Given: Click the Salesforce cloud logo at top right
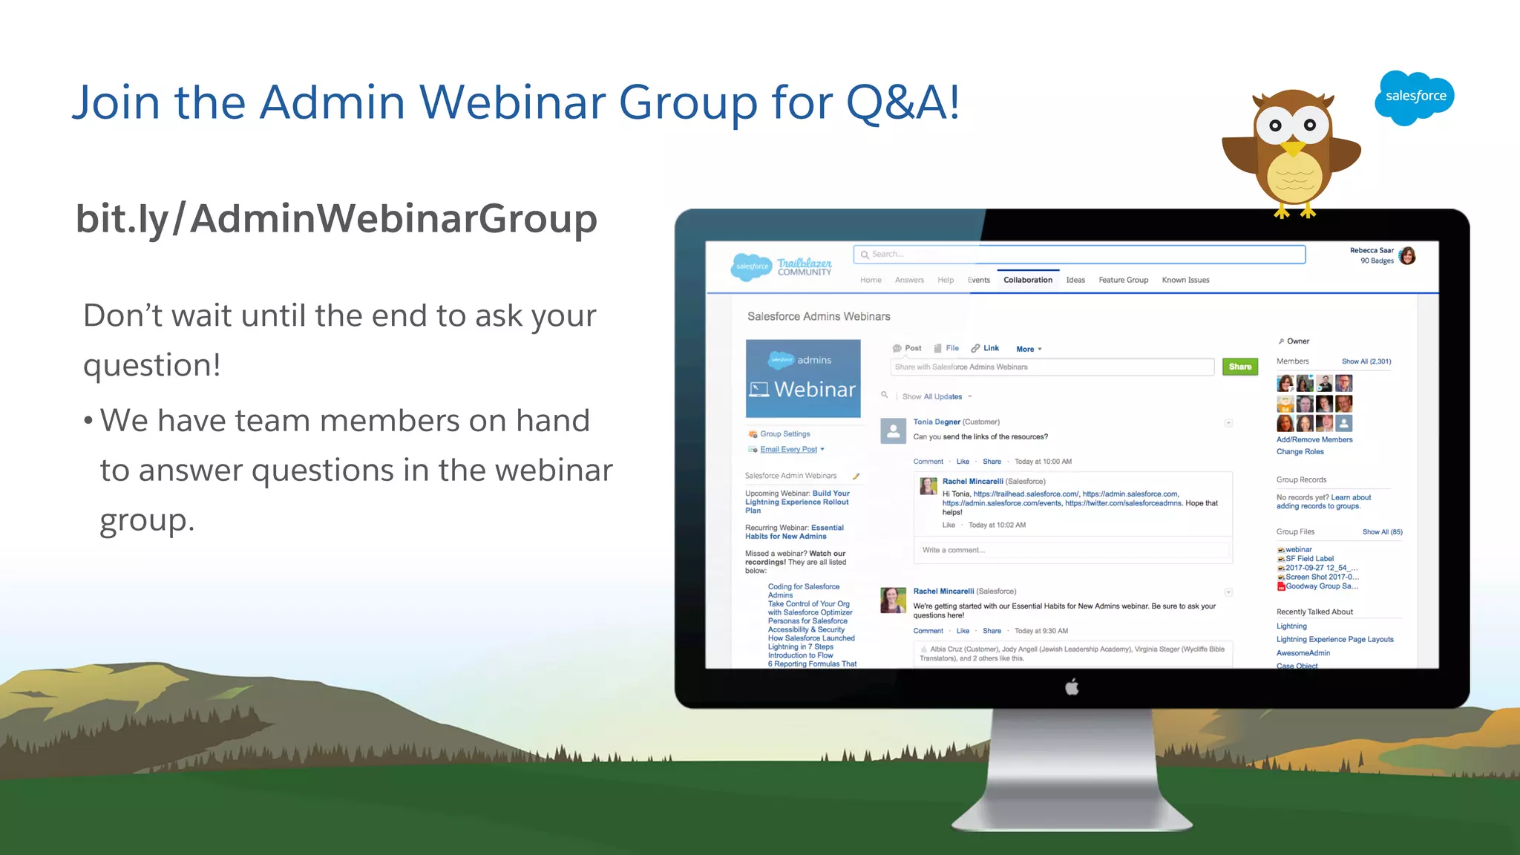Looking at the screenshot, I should (x=1414, y=97).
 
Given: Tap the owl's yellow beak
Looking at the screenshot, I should (x=1293, y=148).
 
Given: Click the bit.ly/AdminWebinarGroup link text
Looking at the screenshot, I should (x=336, y=220).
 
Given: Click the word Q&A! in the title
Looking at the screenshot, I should (x=902, y=102).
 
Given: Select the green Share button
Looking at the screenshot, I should (x=1239, y=367).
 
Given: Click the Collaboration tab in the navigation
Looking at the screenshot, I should (x=1027, y=280).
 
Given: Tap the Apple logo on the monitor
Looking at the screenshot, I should (x=1072, y=687).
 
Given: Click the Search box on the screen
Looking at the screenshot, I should (x=1080, y=255).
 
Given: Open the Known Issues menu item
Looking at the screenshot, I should (x=1185, y=280).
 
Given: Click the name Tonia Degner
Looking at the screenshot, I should (x=937, y=422).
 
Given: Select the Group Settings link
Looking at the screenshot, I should (x=784, y=434).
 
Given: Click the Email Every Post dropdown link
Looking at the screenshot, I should (x=790, y=450).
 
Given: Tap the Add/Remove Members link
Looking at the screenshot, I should (x=1314, y=439).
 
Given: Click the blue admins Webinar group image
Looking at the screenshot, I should (x=803, y=379).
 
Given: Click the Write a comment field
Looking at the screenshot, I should (x=1072, y=550).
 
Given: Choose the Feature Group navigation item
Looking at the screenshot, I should (x=1123, y=280).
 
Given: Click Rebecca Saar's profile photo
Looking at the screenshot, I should (x=1407, y=256).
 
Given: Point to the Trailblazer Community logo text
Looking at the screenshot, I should (x=804, y=267).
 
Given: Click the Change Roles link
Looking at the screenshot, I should (x=1300, y=451).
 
